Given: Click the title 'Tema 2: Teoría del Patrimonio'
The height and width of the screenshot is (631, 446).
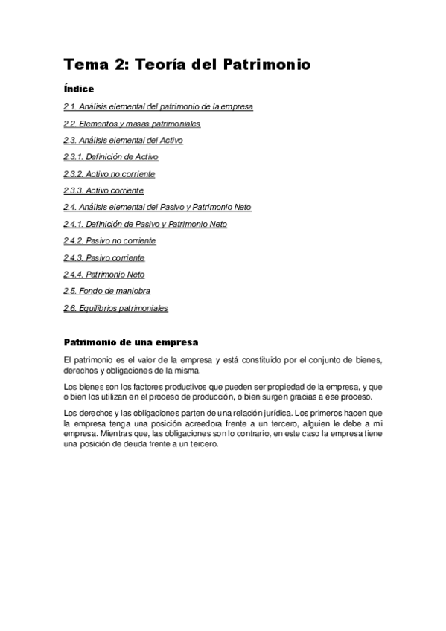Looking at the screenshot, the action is point(186,65).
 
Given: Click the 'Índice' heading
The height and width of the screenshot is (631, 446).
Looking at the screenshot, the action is point(79,89).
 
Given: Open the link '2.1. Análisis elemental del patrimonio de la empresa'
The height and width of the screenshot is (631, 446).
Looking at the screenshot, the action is point(158,106).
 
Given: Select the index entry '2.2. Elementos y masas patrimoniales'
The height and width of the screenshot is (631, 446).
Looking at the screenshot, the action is point(132,124).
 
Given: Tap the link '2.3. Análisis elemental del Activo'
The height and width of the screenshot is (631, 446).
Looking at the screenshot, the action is point(123,140).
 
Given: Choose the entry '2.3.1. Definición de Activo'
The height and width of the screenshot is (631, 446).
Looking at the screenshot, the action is point(110,157).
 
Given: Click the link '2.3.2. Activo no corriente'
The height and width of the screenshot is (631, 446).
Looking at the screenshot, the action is point(109,173).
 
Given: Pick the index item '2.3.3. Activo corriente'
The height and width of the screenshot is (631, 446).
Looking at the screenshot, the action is point(103,190).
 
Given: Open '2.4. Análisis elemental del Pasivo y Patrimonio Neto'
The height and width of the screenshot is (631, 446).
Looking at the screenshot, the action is point(157,207).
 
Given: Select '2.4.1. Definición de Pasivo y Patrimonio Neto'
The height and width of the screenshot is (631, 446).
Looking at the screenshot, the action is point(145,224).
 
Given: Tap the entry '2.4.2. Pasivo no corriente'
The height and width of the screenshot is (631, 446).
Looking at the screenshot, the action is point(109,241).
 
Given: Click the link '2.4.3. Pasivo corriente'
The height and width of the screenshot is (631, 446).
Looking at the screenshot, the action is point(103,257).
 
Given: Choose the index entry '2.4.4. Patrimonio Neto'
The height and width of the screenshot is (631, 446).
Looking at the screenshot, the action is point(103,275).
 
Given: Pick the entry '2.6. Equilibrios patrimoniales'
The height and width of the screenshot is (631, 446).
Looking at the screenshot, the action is point(115,308).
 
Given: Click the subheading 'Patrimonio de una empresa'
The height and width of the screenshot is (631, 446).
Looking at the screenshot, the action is point(131,343).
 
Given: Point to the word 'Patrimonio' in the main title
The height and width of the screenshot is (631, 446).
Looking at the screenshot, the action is point(266,65).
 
